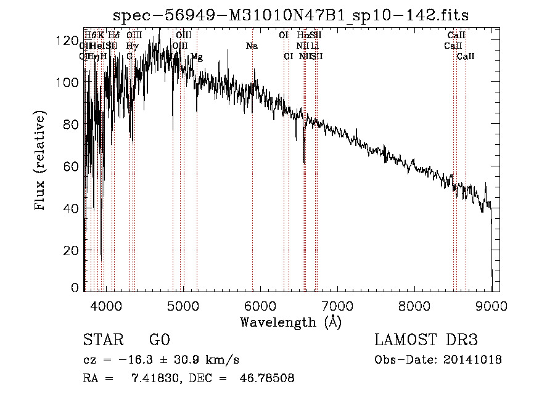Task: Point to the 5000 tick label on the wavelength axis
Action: [x=183, y=306]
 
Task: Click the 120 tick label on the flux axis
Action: [x=64, y=41]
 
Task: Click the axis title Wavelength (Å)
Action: [x=290, y=322]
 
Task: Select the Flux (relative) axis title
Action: [x=41, y=161]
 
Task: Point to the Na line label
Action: [x=252, y=46]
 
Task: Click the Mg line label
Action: [x=197, y=57]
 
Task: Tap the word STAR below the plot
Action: [x=104, y=340]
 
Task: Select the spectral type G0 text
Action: [x=159, y=340]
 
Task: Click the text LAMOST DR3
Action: [x=426, y=340]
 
